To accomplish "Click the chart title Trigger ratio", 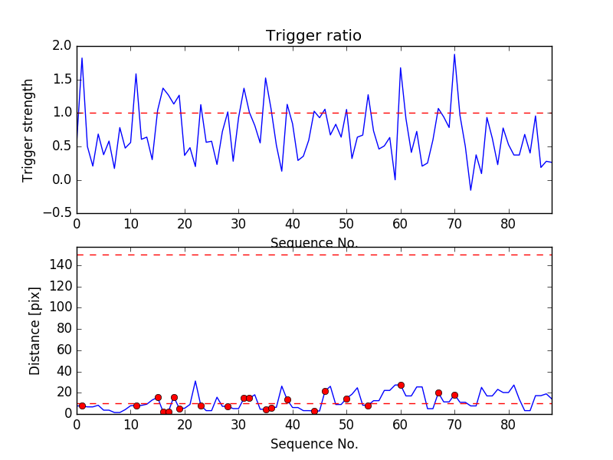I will click(313, 36).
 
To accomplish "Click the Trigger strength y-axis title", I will click(28, 130).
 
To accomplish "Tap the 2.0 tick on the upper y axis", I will click(61, 46).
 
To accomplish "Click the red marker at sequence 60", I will click(401, 385).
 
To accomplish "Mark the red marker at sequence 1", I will click(82, 406).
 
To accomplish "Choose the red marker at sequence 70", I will click(454, 395).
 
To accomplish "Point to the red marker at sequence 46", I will click(325, 391).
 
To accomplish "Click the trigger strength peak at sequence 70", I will click(454, 54).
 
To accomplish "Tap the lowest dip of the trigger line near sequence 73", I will click(470, 190).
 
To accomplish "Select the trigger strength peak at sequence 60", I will click(400, 67).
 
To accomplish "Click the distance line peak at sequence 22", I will click(195, 381).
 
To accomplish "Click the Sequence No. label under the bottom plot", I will click(313, 444).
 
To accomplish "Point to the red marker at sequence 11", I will click(136, 406).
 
